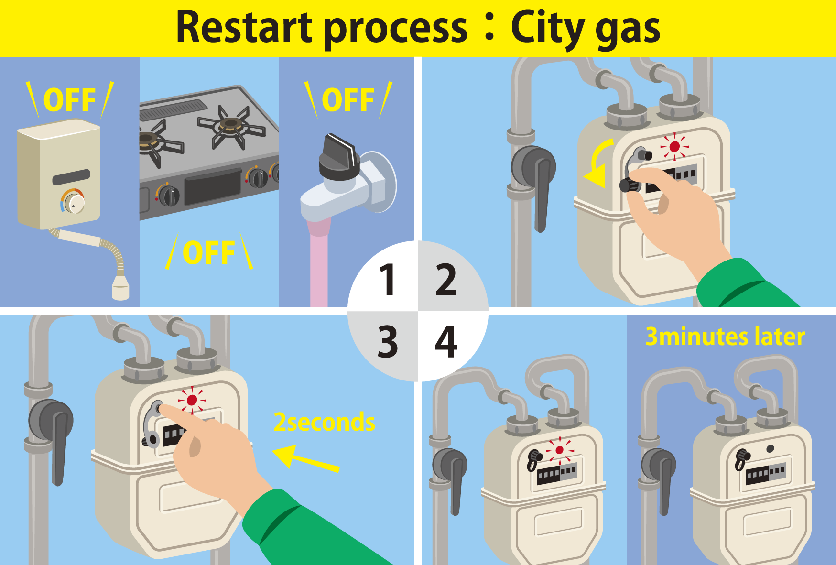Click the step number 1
[x=387, y=280]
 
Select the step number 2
[x=445, y=280]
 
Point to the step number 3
[x=387, y=341]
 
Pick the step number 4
[x=446, y=341]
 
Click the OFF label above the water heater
[x=69, y=100]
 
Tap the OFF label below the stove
[x=209, y=253]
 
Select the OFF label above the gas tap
[x=348, y=100]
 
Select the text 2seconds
[x=324, y=422]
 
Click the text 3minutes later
[x=725, y=337]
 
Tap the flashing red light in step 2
[x=674, y=146]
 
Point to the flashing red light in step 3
[x=192, y=400]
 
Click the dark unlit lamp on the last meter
[x=770, y=449]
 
